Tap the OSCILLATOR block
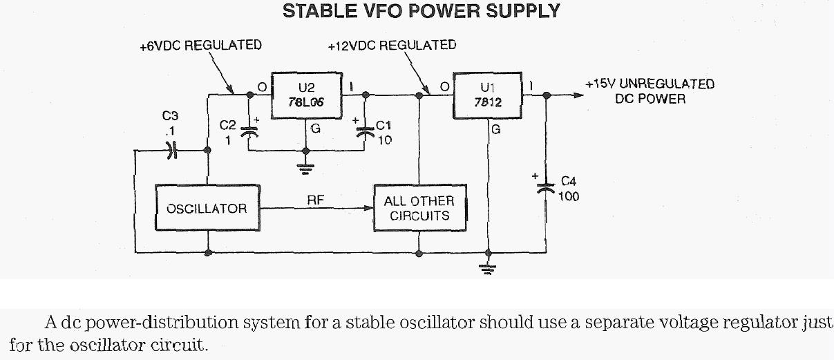pyautogui.click(x=207, y=208)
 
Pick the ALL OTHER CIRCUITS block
pyautogui.click(x=419, y=208)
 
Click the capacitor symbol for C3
pyautogui.click(x=171, y=150)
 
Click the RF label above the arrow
pyautogui.click(x=315, y=200)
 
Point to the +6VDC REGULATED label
pyautogui.click(x=200, y=46)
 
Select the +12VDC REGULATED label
pyautogui.click(x=392, y=46)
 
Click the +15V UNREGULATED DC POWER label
pyautogui.click(x=650, y=91)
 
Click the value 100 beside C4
pyautogui.click(x=569, y=197)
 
